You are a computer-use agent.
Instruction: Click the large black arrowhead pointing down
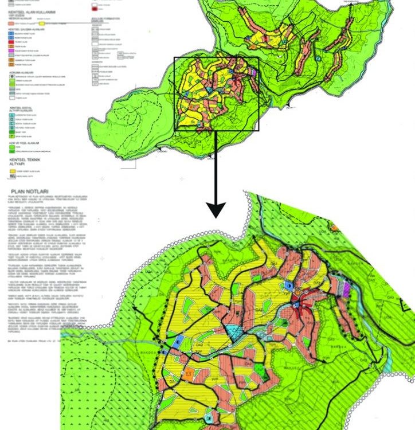click(216, 209)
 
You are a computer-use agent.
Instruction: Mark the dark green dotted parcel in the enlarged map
click(262, 369)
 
